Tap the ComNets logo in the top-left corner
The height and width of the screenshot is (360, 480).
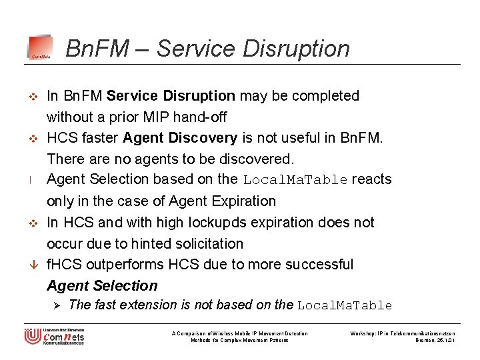(x=40, y=48)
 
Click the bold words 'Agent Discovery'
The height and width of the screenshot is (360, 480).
(x=180, y=138)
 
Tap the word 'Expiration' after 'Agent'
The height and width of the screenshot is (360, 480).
(x=241, y=201)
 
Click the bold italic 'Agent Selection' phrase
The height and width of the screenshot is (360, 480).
(x=102, y=286)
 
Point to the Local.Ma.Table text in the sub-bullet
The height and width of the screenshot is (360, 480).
(x=345, y=306)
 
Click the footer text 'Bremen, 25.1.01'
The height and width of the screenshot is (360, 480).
(x=434, y=340)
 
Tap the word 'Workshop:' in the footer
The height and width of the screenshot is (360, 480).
(x=363, y=333)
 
